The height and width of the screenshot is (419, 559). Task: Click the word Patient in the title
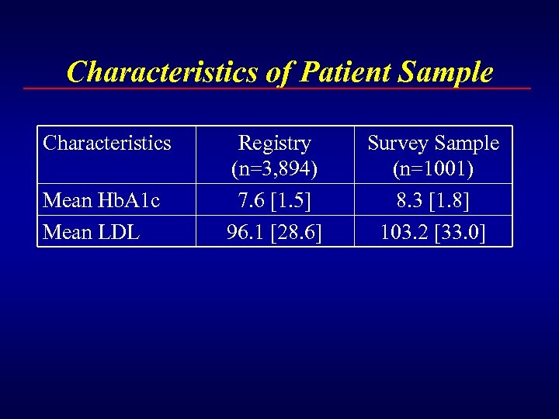click(x=345, y=72)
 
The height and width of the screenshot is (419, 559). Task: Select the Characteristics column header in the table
click(x=107, y=143)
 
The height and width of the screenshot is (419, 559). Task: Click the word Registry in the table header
click(x=274, y=143)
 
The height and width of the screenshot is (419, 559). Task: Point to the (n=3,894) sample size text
click(x=274, y=167)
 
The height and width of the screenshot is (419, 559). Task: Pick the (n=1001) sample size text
click(x=433, y=167)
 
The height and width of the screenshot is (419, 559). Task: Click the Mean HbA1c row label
click(x=102, y=200)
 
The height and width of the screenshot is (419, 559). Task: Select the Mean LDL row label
click(x=92, y=231)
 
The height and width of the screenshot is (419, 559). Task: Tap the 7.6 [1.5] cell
click(x=274, y=200)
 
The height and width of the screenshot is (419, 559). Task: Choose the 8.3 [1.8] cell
click(x=433, y=200)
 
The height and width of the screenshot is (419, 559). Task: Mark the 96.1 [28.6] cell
click(x=274, y=231)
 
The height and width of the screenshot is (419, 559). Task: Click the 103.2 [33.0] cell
click(x=433, y=231)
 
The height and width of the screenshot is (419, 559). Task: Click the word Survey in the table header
click(x=399, y=143)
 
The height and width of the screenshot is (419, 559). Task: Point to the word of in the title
click(x=277, y=72)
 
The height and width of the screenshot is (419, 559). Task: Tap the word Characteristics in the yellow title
click(x=161, y=72)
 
